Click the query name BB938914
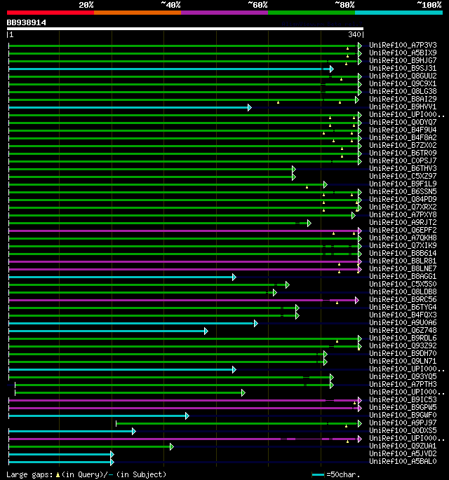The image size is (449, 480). coord(27,22)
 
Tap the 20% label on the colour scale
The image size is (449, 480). coord(86,4)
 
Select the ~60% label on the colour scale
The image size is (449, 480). coord(258,4)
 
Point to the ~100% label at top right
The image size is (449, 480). coord(429,4)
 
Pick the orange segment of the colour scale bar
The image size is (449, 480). coord(138,12)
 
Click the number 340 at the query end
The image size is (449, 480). coord(354,34)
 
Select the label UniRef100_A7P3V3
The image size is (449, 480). coord(403,45)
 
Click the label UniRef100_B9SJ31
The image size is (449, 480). coord(403,68)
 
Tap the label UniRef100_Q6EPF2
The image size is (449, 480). coord(403,230)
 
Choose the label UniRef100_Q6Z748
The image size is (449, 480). coord(403,330)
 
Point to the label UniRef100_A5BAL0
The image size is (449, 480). coord(403,461)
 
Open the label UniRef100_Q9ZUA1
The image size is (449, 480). coord(403,446)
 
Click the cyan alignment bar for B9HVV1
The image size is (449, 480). coord(126,107)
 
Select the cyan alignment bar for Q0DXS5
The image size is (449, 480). coord(70,430)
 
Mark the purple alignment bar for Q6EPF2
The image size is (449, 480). coord(175,230)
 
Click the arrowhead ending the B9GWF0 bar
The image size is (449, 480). coord(187,416)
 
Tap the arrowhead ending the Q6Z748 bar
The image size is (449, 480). coord(206,331)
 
